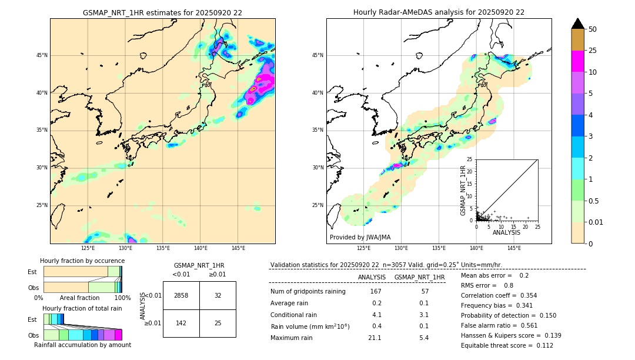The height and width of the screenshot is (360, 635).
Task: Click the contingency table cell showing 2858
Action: tap(181, 295)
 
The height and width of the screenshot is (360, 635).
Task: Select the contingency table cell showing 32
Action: tap(218, 295)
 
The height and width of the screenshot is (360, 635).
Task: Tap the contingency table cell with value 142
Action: tap(181, 323)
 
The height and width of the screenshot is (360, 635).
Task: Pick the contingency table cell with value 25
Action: tap(218, 323)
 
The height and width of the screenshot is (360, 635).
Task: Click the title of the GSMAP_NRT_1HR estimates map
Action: tap(162, 12)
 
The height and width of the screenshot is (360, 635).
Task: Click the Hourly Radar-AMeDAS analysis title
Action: tap(439, 12)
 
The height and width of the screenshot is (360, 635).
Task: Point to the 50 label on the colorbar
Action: tap(593, 29)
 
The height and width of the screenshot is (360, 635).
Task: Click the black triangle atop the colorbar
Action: tap(578, 24)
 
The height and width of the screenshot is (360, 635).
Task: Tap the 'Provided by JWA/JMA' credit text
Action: tap(360, 237)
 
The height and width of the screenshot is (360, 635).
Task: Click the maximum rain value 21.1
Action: tap(375, 338)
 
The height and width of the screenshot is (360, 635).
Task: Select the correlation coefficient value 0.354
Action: tap(523, 295)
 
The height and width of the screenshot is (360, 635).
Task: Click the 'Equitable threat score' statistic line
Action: tap(507, 345)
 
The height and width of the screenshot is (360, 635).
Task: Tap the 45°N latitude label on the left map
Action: tap(42, 55)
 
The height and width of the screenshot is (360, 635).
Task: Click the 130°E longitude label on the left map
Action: tap(125, 248)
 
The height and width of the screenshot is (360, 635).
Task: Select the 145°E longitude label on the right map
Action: tap(514, 248)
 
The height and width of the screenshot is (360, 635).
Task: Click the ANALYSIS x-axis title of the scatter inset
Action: tap(506, 232)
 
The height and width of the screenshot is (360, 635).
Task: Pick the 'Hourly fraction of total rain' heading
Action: tap(82, 308)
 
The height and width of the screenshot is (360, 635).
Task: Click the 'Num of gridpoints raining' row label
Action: tap(308, 291)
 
